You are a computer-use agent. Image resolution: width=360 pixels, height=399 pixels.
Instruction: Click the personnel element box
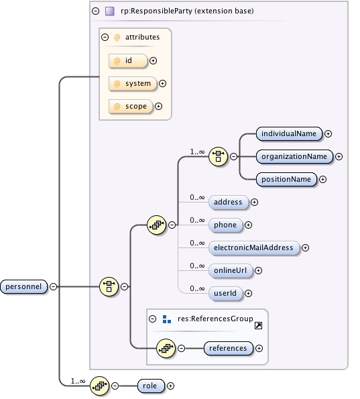[23, 286]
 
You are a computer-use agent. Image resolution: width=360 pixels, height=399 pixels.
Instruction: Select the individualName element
[289, 133]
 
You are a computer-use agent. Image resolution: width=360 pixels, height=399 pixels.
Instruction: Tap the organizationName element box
[294, 156]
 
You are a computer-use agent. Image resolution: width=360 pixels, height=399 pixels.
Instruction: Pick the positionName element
[286, 179]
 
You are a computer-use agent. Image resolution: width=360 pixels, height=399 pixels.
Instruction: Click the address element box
[229, 202]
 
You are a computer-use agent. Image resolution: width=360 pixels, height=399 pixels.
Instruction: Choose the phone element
[225, 225]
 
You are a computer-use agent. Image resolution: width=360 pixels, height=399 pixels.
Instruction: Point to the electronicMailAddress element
[254, 247]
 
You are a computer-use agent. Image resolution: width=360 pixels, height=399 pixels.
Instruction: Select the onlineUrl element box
[230, 270]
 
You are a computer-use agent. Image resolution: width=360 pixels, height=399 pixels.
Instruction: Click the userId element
[225, 293]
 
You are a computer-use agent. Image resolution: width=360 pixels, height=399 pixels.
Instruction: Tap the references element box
[229, 348]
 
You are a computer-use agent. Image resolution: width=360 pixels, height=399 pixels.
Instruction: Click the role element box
[151, 386]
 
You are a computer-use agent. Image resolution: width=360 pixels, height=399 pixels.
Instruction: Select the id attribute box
[127, 60]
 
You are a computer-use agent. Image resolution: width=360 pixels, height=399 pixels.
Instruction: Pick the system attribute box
[132, 83]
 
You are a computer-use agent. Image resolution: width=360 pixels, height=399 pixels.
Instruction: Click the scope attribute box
[130, 106]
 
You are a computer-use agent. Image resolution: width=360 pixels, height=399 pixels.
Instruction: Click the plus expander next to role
[170, 386]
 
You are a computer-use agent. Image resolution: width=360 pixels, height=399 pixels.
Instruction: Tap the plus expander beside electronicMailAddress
[306, 247]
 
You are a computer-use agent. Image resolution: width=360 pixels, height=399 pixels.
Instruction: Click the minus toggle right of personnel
[53, 286]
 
